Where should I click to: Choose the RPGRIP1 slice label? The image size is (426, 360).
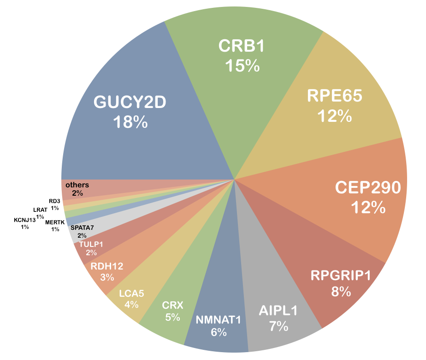(341, 276)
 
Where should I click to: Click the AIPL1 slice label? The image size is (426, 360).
(278, 310)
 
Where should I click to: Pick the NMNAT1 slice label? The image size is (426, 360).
(219, 319)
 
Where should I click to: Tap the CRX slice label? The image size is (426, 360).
(173, 305)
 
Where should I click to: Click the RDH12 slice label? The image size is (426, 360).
(106, 266)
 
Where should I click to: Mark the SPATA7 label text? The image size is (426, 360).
(83, 228)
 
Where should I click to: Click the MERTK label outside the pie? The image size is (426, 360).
(55, 222)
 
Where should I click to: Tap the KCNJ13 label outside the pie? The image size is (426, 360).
(25, 220)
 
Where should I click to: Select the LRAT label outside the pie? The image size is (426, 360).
(40, 210)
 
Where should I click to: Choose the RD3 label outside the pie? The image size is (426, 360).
(54, 201)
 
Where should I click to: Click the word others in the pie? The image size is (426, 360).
(77, 185)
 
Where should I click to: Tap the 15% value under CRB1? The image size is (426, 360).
(242, 66)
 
